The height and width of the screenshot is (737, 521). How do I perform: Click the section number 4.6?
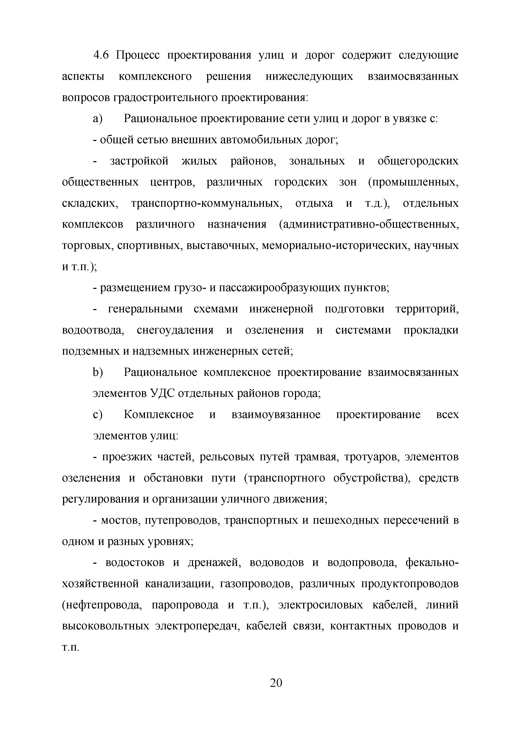[x=101, y=55]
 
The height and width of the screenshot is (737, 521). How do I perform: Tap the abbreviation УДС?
[x=162, y=394]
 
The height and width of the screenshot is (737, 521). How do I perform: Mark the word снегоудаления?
[x=175, y=330]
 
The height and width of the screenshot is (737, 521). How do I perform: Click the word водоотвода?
[x=93, y=330]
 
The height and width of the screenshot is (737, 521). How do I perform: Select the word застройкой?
[x=139, y=161]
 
